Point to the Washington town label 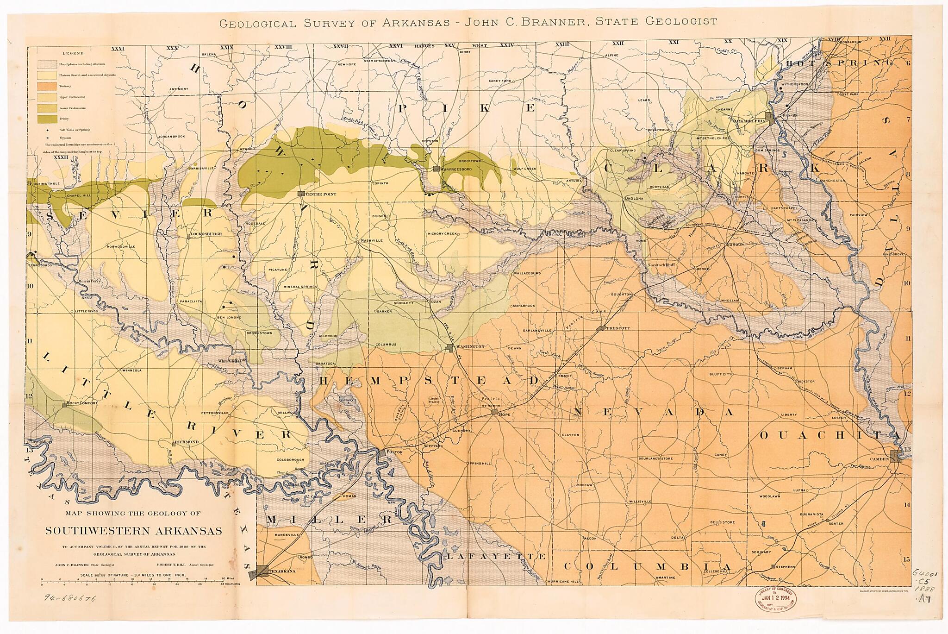point(470,346)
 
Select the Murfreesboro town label point(456,169)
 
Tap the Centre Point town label point(320,194)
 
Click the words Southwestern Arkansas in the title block point(133,531)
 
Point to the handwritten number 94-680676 point(70,599)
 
